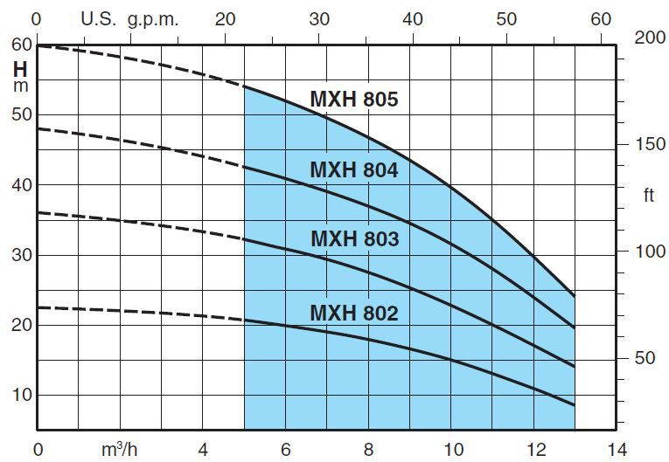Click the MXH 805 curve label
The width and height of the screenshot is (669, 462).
(353, 100)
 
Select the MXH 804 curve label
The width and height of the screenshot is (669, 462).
(353, 170)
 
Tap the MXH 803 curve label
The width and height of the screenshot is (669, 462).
(353, 238)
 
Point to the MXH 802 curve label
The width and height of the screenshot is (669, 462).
(353, 312)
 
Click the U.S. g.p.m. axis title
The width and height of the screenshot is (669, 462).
(129, 19)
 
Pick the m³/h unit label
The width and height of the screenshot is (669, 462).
(120, 450)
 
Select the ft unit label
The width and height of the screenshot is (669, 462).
(648, 196)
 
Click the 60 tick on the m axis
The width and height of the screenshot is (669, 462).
(21, 45)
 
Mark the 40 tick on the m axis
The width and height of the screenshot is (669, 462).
(21, 185)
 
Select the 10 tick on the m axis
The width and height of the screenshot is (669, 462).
(21, 395)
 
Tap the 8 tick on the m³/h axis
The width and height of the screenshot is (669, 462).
(368, 450)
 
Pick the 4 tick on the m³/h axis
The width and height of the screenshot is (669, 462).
(203, 450)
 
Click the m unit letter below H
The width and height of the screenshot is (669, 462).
(20, 86)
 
